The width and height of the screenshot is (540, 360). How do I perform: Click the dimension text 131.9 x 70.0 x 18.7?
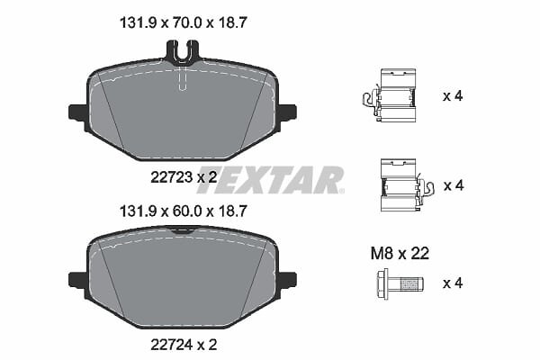[x=184, y=23]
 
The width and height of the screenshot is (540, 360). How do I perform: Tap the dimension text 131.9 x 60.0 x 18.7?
[x=184, y=211]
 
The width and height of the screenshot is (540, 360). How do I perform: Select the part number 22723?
[x=172, y=177]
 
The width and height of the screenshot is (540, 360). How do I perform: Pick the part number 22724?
[x=172, y=345]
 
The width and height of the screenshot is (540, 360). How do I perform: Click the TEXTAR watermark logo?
[x=270, y=180]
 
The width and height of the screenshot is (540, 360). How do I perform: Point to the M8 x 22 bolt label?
[x=400, y=254]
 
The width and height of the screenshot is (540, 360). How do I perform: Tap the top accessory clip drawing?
[x=390, y=95]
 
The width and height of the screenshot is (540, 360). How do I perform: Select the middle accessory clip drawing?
[x=407, y=185]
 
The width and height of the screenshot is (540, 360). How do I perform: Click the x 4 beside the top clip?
[x=453, y=95]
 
